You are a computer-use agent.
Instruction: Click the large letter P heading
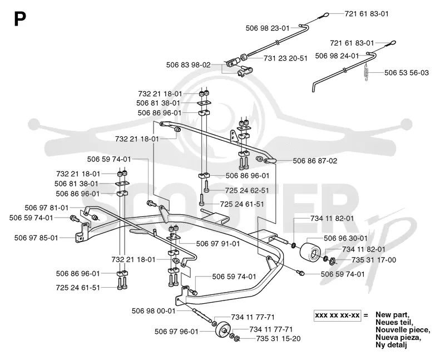click(x=20, y=19)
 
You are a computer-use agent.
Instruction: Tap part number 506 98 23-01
click(x=268, y=28)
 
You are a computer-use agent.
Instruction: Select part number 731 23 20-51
click(x=285, y=58)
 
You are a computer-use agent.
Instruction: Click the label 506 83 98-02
click(x=189, y=65)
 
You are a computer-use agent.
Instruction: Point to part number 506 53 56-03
click(x=407, y=73)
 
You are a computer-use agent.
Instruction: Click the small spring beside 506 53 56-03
click(x=366, y=73)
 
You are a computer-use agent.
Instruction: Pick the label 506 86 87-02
click(x=315, y=161)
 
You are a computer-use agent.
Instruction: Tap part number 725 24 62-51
click(x=247, y=190)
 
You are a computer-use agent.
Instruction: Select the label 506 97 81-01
click(x=47, y=208)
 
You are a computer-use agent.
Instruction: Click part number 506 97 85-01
click(x=36, y=238)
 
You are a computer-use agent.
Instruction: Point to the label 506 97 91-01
click(x=218, y=244)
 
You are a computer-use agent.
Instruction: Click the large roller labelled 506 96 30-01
click(x=310, y=252)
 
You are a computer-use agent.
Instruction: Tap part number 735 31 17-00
click(x=374, y=260)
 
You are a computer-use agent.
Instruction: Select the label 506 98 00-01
click(x=154, y=311)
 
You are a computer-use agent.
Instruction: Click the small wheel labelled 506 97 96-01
click(x=223, y=331)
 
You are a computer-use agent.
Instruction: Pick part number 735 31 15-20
click(x=278, y=339)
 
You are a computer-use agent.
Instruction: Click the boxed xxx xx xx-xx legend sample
click(x=338, y=315)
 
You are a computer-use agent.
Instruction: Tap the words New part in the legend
click(x=392, y=314)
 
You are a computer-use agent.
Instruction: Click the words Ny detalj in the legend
click(x=391, y=345)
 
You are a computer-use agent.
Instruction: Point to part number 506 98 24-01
click(x=337, y=56)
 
